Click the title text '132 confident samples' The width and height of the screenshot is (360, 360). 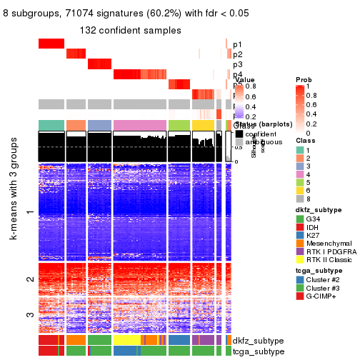130,30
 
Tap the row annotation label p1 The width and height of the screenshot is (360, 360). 237,44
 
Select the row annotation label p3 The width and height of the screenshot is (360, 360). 237,64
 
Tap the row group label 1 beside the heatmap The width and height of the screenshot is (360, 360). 29,212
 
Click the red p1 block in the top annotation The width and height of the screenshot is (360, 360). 51,44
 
